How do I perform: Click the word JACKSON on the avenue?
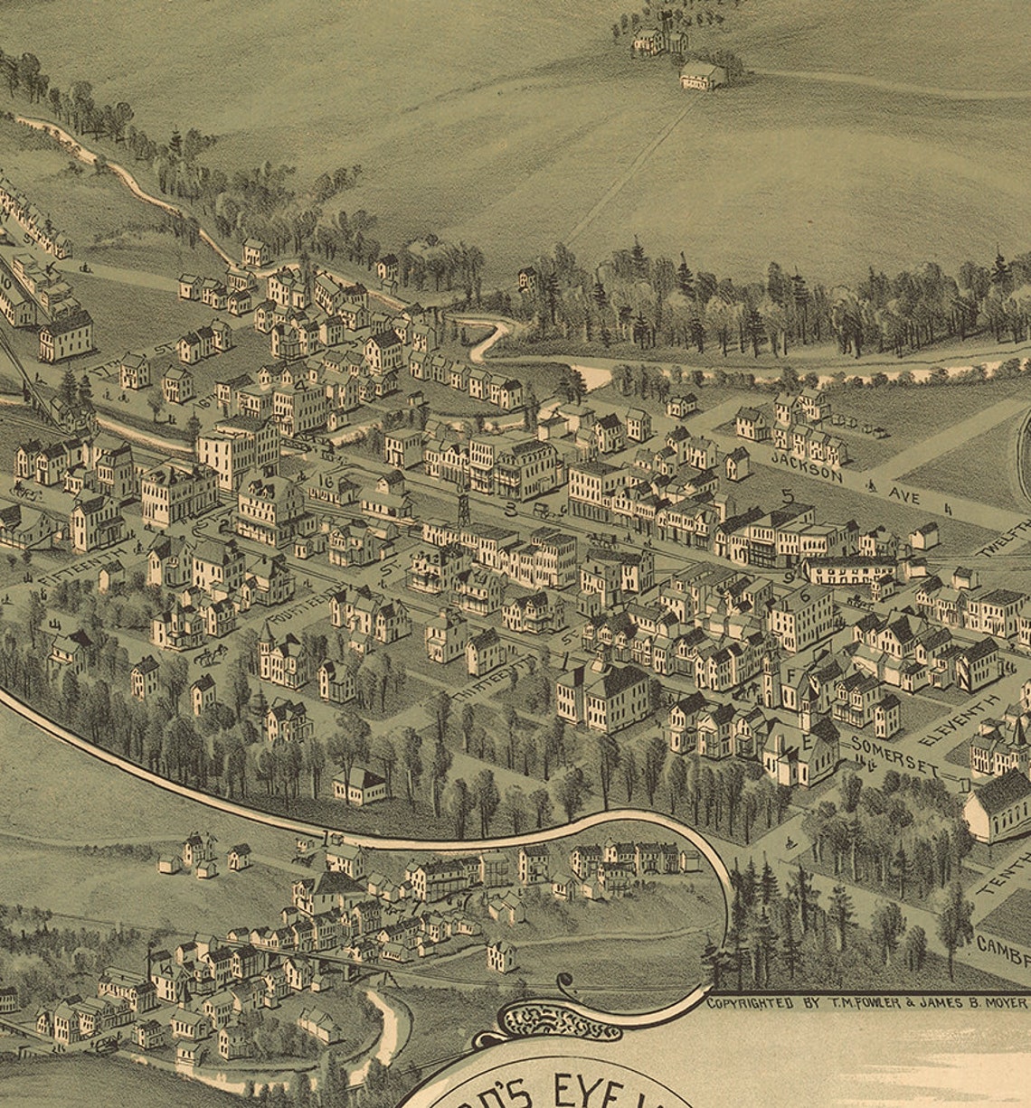(807, 466)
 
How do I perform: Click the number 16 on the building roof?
(326, 483)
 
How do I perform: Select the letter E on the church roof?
(803, 740)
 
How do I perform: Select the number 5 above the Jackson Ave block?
(787, 496)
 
